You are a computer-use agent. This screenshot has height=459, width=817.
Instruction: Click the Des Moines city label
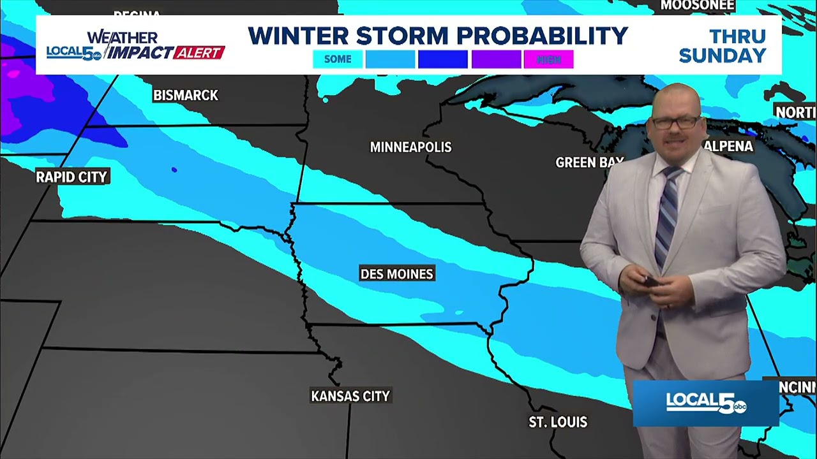396,274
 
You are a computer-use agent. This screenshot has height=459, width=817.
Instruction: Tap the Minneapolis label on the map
410,147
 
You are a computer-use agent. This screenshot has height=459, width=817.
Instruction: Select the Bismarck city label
185,96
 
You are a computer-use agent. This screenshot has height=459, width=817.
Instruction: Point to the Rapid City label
71,177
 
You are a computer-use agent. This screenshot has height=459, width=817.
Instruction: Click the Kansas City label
350,397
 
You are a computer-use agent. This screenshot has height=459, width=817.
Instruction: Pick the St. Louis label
558,422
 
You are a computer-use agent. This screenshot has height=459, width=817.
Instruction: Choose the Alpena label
729,147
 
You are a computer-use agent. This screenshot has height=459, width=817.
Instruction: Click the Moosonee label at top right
698,6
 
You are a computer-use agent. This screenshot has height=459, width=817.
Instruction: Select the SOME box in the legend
338,59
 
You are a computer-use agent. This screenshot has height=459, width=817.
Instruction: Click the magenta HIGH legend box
548,59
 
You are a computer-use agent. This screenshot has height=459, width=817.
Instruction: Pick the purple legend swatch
496,59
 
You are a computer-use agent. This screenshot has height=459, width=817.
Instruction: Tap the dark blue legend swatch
443,59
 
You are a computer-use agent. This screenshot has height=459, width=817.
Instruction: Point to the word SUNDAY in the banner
722,55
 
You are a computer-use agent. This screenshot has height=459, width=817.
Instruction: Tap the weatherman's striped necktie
667,210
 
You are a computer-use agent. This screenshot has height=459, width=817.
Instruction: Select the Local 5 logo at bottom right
706,403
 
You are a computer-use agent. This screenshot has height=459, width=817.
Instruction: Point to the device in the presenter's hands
651,281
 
